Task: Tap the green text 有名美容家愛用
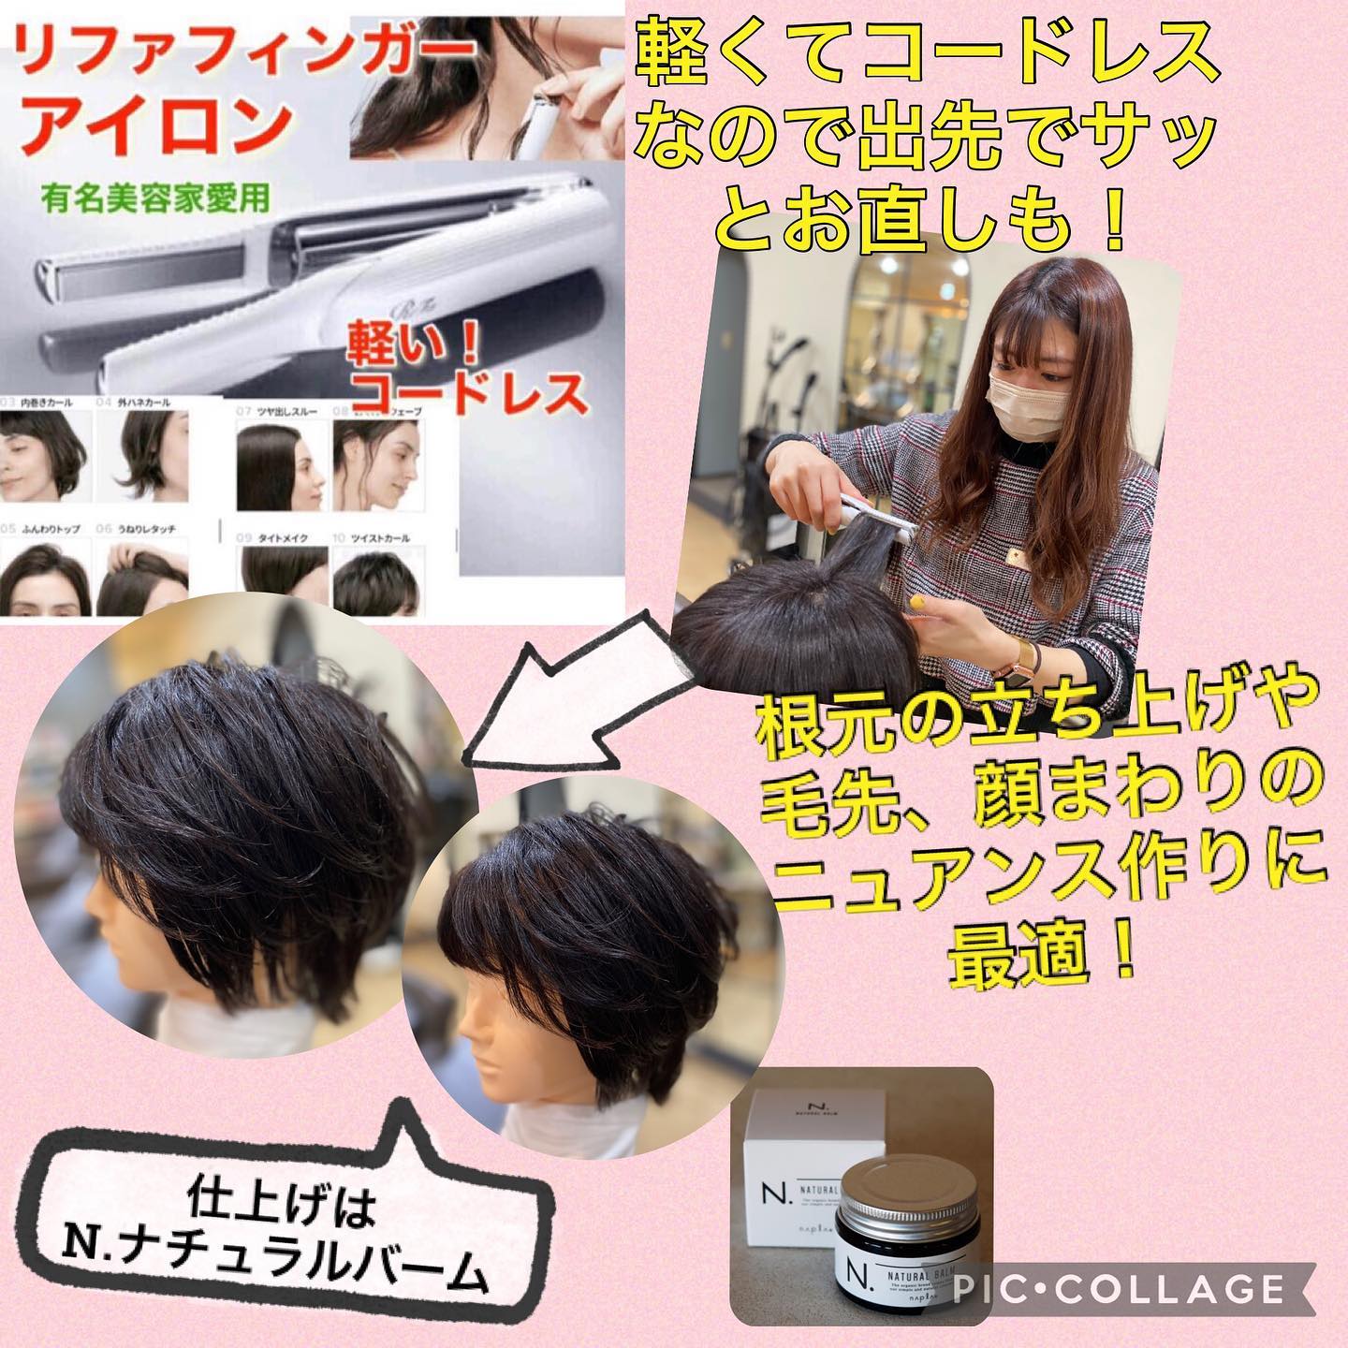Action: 155,198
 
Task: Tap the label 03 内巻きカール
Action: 42,403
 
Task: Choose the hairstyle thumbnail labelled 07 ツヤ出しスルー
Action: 279,465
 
